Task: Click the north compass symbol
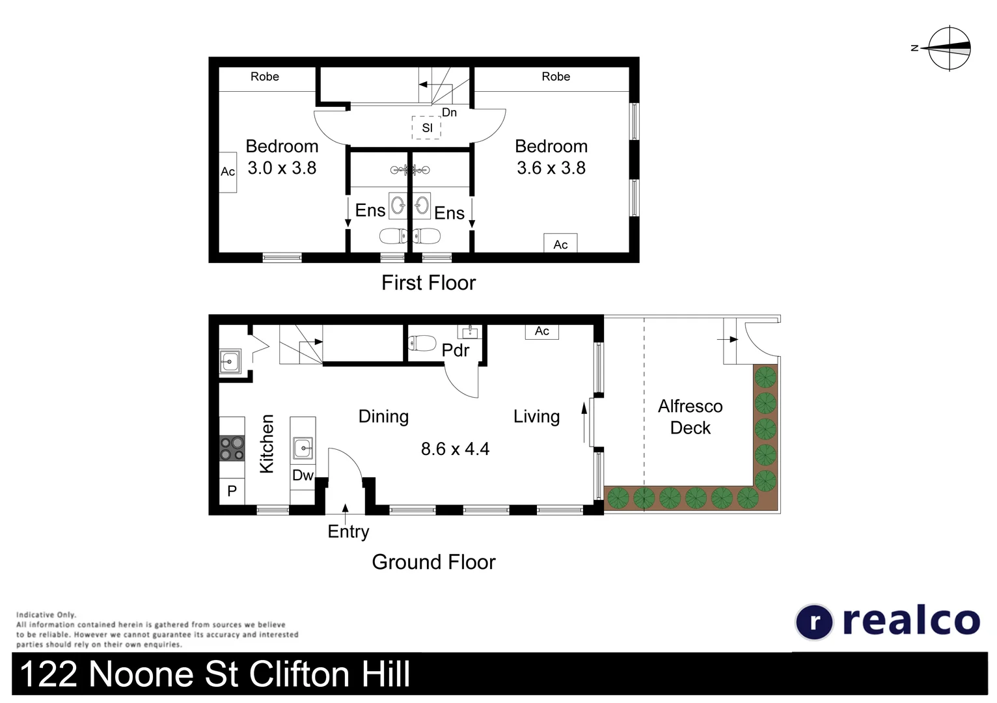click(x=949, y=48)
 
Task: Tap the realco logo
click(x=888, y=621)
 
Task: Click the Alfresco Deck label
click(x=690, y=417)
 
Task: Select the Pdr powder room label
click(x=455, y=350)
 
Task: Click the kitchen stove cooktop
click(x=232, y=448)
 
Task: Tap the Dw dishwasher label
click(x=303, y=475)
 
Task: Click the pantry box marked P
click(x=232, y=491)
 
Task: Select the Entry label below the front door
click(x=348, y=532)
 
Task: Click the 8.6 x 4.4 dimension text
click(x=455, y=449)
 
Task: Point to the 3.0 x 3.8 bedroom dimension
click(x=282, y=168)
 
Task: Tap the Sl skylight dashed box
click(x=426, y=128)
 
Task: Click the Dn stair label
click(x=449, y=113)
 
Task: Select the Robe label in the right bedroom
click(x=556, y=77)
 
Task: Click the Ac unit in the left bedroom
click(x=228, y=172)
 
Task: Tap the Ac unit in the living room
click(x=541, y=331)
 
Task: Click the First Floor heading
click(x=428, y=283)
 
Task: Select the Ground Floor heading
click(x=433, y=562)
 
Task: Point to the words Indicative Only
click(x=46, y=614)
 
